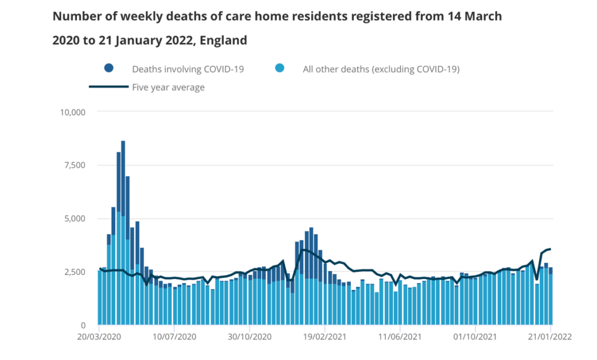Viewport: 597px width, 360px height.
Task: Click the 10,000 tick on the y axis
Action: [73, 112]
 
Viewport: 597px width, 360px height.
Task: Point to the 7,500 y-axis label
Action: [75, 165]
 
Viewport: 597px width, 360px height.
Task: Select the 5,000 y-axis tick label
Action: [75, 218]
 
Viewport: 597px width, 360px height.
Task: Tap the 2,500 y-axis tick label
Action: [75, 272]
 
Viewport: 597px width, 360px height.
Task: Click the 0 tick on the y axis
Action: [84, 325]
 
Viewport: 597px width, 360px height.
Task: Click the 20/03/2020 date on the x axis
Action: [99, 337]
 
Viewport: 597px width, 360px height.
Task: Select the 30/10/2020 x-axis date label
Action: [249, 337]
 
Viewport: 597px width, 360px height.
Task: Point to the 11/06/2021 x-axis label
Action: [400, 337]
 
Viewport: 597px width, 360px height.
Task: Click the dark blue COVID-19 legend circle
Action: [109, 69]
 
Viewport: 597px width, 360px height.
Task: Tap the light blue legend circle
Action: [280, 69]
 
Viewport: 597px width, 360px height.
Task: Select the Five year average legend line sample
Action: [108, 87]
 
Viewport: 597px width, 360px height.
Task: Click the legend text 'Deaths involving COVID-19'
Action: [188, 69]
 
